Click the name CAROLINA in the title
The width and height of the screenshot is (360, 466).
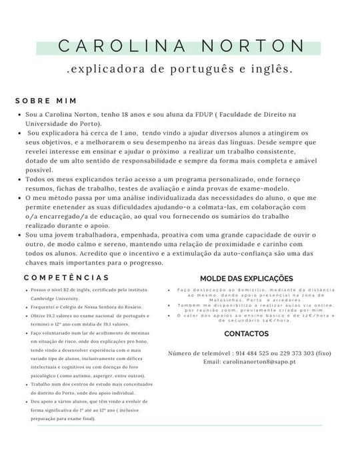[121, 45]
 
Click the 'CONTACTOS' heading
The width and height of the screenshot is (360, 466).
[247, 333]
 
